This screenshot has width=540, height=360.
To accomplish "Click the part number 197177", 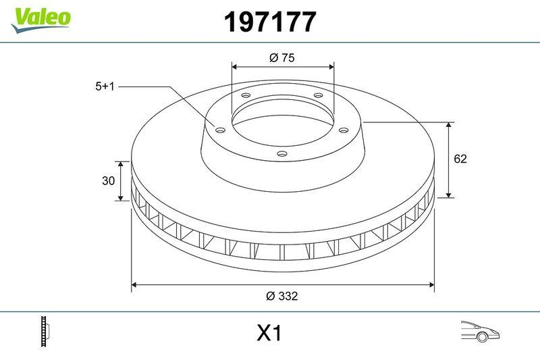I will (269, 23).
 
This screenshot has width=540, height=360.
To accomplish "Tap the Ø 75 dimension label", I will (282, 58).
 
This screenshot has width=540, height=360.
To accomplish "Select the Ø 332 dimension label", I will (282, 296).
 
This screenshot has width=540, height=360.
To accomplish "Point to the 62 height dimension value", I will (460, 159).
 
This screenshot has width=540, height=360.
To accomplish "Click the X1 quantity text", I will (269, 333).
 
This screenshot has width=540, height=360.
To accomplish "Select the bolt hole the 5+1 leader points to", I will (219, 130).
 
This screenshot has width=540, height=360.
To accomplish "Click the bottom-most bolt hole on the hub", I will (282, 154).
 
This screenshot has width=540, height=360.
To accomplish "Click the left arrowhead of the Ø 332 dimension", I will (134, 285).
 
